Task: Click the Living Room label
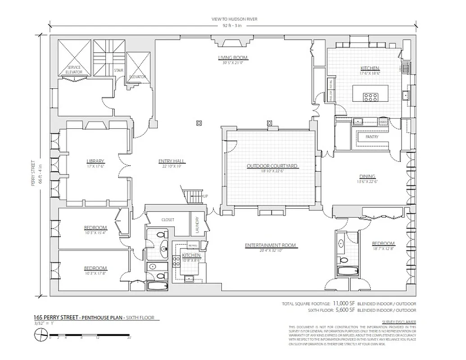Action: pos(233,58)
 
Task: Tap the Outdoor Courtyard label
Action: pos(272,166)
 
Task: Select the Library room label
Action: pos(95,161)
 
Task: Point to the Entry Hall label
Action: pos(172,161)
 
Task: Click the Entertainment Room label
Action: pos(270,245)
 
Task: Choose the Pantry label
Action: pos(372,137)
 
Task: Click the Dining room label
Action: pos(367,176)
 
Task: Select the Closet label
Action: pos(167,220)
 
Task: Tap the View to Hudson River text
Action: pos(235,19)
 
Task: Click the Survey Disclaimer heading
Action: pos(398,322)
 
